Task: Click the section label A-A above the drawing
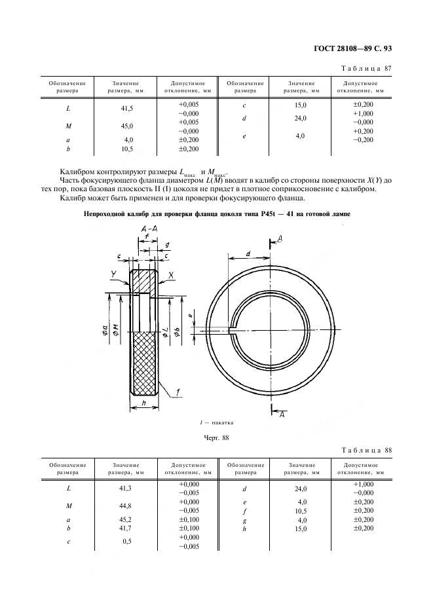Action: (x=147, y=228)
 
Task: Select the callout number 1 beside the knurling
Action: (x=178, y=392)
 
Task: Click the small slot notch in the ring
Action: (x=233, y=331)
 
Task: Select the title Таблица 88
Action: (x=367, y=450)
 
